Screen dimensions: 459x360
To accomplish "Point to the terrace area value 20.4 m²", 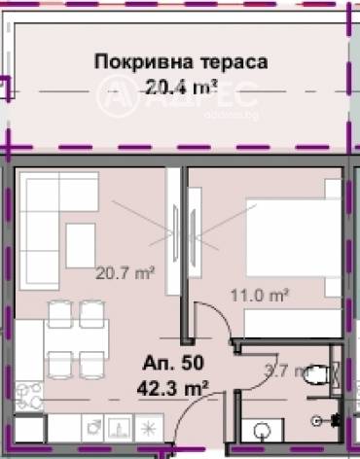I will pyautogui.click(x=180, y=87).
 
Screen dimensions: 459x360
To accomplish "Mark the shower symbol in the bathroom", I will pyautogui.click(x=325, y=419).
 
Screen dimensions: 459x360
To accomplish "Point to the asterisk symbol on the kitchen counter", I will pyautogui.click(x=149, y=427).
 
